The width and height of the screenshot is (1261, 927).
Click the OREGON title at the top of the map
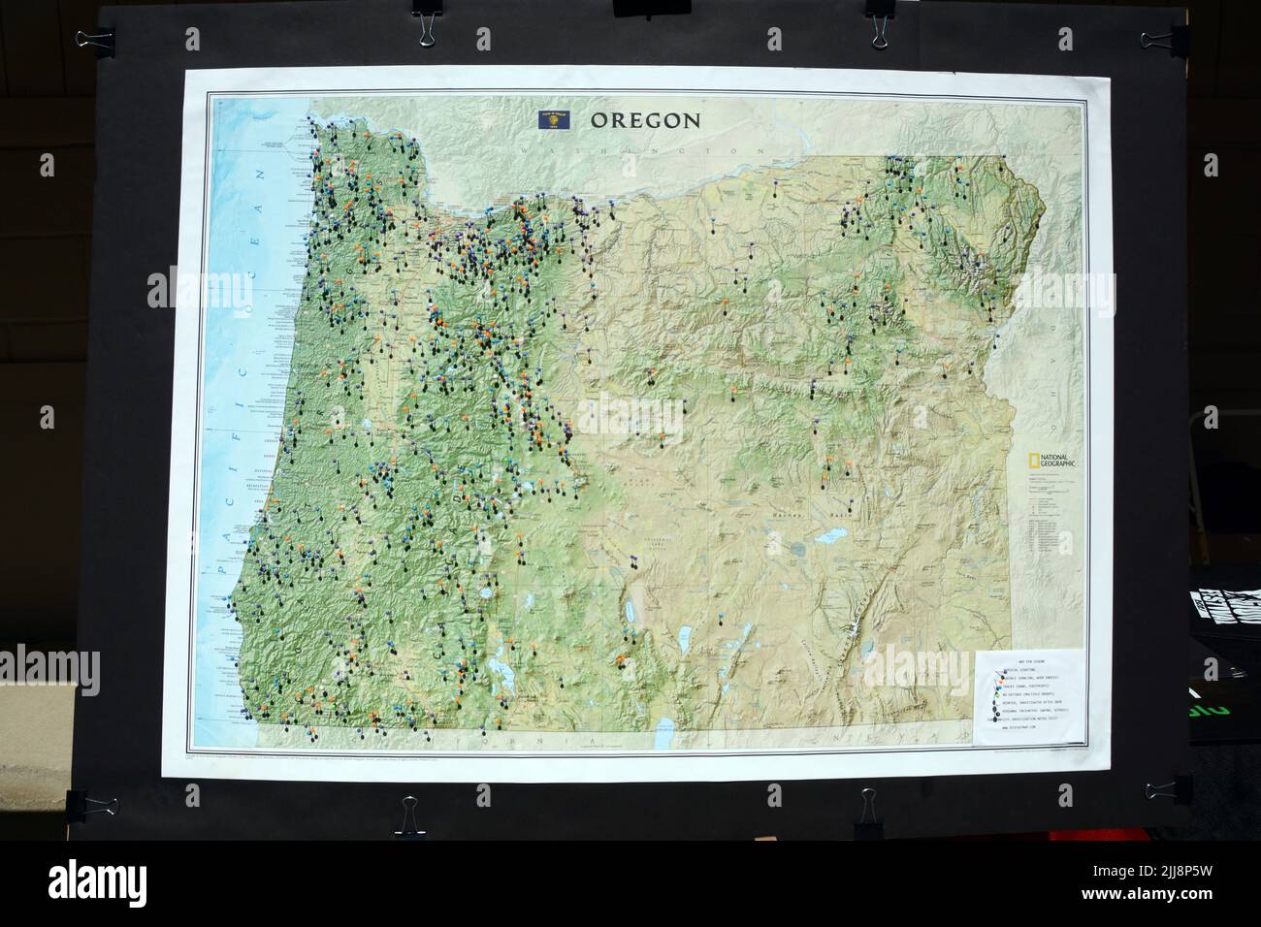tap(645, 120)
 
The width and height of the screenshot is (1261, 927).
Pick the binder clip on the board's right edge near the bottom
tap(1163, 788)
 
